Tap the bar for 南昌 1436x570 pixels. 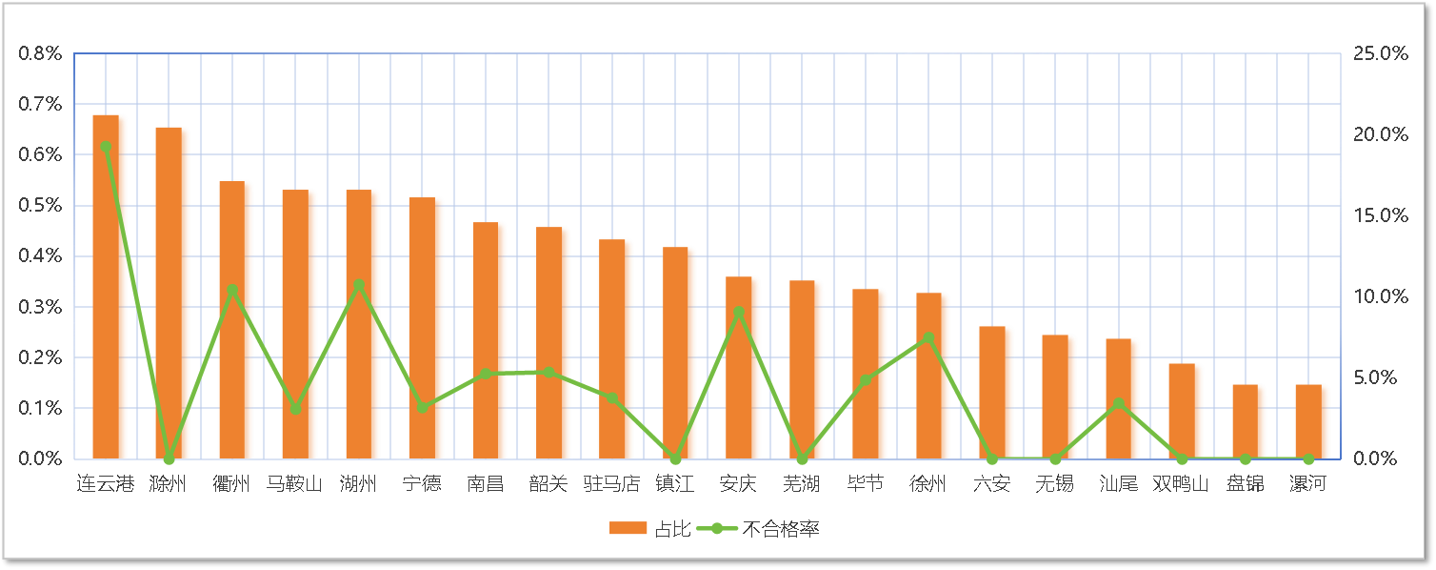pyautogui.click(x=489, y=340)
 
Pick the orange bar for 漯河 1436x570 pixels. pyautogui.click(x=1311, y=421)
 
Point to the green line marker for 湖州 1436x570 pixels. pyautogui.click(x=359, y=285)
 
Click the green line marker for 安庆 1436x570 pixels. pyautogui.click(x=738, y=312)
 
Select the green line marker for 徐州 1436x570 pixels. pyautogui.click(x=928, y=337)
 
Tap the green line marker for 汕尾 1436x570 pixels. pyautogui.click(x=1119, y=403)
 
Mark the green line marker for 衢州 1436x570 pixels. pyautogui.click(x=232, y=289)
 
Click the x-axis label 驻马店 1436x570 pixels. pyautogui.click(x=611, y=484)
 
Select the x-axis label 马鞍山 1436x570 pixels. pyautogui.click(x=295, y=484)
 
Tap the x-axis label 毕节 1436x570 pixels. pyautogui.click(x=865, y=484)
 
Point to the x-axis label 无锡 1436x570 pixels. pyautogui.click(x=1054, y=484)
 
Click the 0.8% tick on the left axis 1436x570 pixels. pyautogui.click(x=40, y=53)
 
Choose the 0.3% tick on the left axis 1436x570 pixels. pyautogui.click(x=40, y=307)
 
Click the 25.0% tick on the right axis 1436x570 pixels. pyautogui.click(x=1380, y=53)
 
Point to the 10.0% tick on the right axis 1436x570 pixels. pyautogui.click(x=1380, y=296)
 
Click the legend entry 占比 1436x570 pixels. pyautogui.click(x=643, y=528)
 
